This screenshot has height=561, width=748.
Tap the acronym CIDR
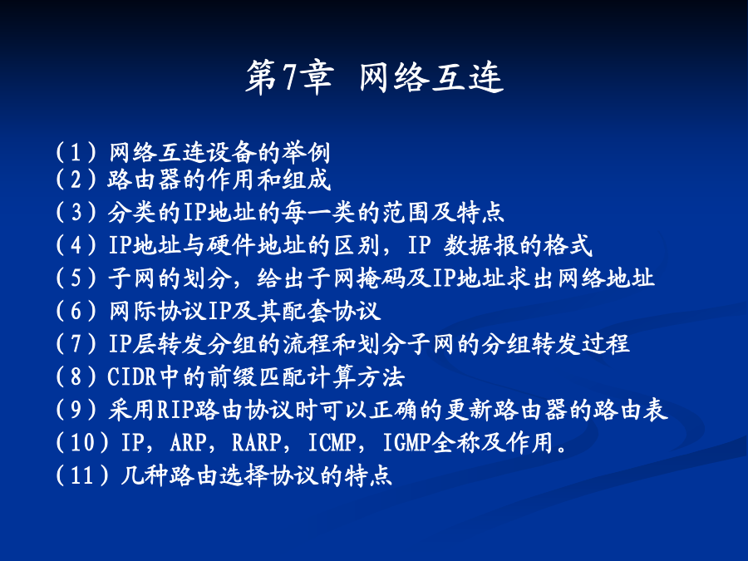pyautogui.click(x=132, y=376)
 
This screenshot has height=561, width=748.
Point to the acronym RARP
pyautogui.click(x=257, y=442)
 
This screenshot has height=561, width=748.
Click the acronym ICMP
pyautogui.click(x=332, y=442)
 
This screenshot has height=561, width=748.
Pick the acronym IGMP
pyautogui.click(x=407, y=442)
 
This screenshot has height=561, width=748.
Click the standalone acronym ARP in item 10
pyautogui.click(x=189, y=442)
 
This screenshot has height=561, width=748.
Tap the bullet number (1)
pyautogui.click(x=76, y=153)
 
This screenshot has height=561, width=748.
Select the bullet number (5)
pyautogui.click(x=76, y=278)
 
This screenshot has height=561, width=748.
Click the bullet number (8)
pyautogui.click(x=76, y=376)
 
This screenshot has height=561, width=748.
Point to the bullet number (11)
pyautogui.click(x=82, y=475)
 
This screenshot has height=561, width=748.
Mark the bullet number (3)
pyautogui.click(x=76, y=212)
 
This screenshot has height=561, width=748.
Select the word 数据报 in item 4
pyautogui.click(x=481, y=245)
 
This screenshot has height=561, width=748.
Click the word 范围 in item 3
pyautogui.click(x=406, y=212)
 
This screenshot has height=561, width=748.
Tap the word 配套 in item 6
pyautogui.click(x=306, y=311)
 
